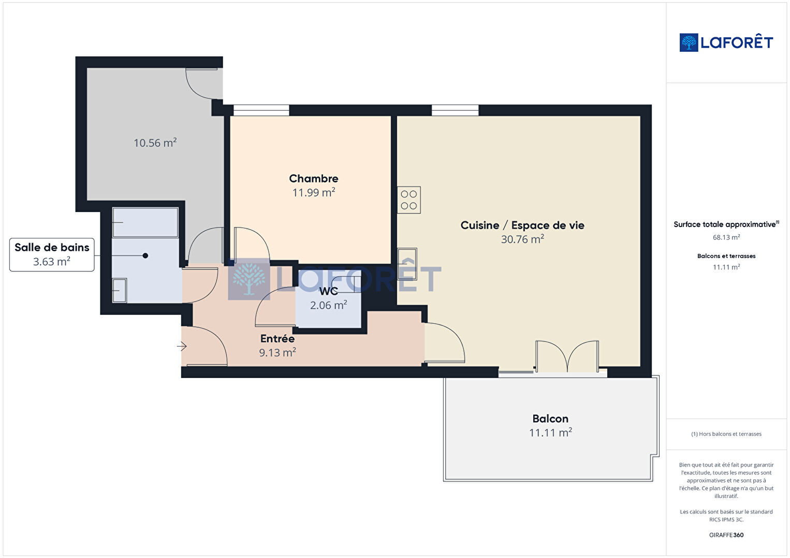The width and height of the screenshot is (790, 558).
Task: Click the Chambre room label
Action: click(314, 178)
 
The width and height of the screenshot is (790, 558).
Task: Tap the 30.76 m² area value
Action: click(522, 239)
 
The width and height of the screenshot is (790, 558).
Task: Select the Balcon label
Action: click(550, 418)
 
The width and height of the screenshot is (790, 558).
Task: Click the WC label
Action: click(328, 291)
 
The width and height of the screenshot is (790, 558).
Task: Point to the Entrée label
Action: click(277, 339)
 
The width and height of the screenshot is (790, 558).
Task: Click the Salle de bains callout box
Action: click(52, 254)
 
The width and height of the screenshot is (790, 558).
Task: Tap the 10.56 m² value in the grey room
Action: click(155, 143)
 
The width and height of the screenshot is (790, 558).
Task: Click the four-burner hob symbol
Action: click(409, 200)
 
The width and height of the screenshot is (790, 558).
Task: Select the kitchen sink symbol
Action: click(407, 264)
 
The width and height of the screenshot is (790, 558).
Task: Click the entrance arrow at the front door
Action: click(182, 346)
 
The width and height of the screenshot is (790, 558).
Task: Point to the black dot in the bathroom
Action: click(145, 256)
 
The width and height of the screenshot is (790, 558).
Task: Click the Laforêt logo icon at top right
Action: click(689, 42)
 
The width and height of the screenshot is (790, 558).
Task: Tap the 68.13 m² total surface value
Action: click(726, 237)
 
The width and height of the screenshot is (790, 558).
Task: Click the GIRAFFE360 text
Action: click(726, 535)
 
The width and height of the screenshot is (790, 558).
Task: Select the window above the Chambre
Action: click(261, 110)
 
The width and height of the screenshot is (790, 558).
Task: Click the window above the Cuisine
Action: click(455, 110)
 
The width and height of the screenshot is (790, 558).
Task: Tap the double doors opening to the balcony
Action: click(567, 356)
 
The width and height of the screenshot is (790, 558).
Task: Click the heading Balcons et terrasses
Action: click(726, 256)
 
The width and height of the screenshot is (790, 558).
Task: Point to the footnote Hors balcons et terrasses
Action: click(726, 434)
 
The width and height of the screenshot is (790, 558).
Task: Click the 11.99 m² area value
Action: click(314, 192)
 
